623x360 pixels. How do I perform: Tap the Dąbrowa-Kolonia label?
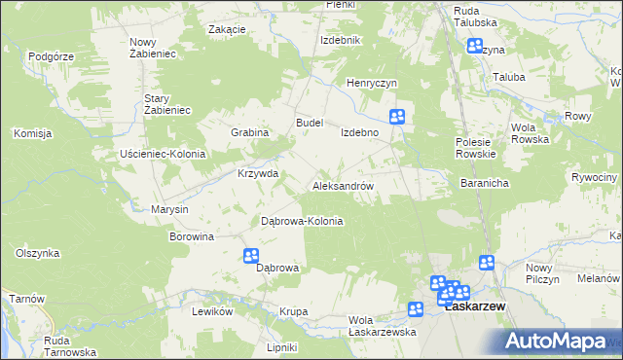[x=302, y=221]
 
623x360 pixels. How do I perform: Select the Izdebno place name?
[x=358, y=131]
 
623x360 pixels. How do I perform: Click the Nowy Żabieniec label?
[x=152, y=48]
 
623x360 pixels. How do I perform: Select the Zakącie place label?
[x=227, y=29]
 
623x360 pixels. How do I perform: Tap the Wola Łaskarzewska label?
[x=383, y=326]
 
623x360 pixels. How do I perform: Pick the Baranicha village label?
[x=486, y=182]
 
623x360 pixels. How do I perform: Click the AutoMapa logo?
[x=562, y=341]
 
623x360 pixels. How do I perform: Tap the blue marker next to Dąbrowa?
[x=251, y=256]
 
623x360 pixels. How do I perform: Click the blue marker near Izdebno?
[x=397, y=117]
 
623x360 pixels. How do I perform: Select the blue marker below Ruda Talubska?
[x=475, y=46]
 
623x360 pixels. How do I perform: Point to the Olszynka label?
[x=38, y=253]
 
